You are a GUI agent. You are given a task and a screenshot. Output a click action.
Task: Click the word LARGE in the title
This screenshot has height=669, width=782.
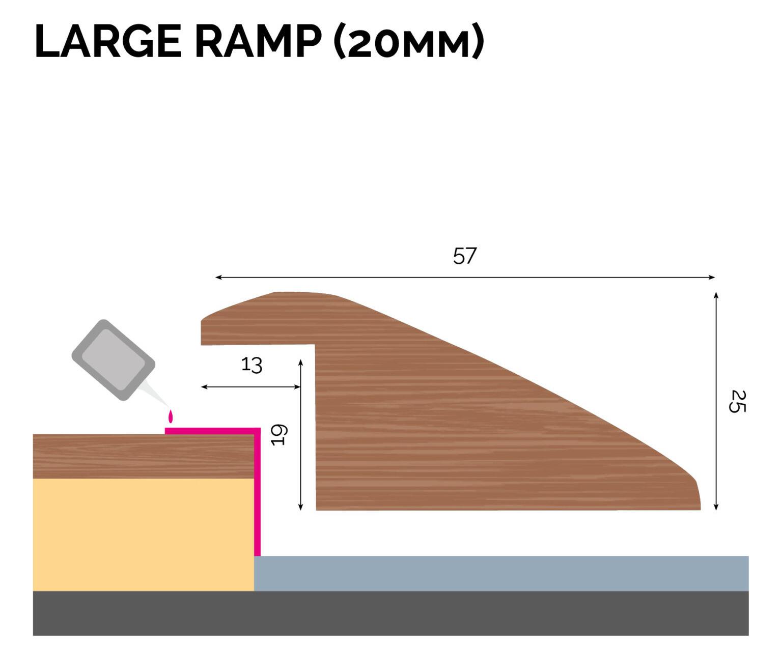[x=108, y=42]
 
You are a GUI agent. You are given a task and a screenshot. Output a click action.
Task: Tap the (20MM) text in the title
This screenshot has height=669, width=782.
[x=408, y=42]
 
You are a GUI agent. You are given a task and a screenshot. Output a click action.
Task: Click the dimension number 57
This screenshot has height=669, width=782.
[x=464, y=256]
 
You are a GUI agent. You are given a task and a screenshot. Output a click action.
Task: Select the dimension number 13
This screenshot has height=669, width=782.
[x=252, y=365]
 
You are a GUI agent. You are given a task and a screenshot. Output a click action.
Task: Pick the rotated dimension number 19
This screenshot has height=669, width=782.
[x=280, y=435]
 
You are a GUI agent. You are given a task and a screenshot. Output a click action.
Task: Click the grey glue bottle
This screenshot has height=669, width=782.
[x=113, y=359]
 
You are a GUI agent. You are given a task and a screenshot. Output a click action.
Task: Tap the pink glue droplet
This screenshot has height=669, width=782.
[x=171, y=417]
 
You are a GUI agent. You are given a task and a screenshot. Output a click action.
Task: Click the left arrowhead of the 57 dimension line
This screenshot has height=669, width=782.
[x=218, y=277]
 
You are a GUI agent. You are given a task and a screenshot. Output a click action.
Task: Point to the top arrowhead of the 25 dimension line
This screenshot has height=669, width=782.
[x=716, y=296]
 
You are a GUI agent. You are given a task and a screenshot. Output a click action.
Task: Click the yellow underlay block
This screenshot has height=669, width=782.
[x=143, y=535]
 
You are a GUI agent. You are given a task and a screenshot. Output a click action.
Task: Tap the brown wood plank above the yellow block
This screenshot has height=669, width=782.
[x=143, y=457]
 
